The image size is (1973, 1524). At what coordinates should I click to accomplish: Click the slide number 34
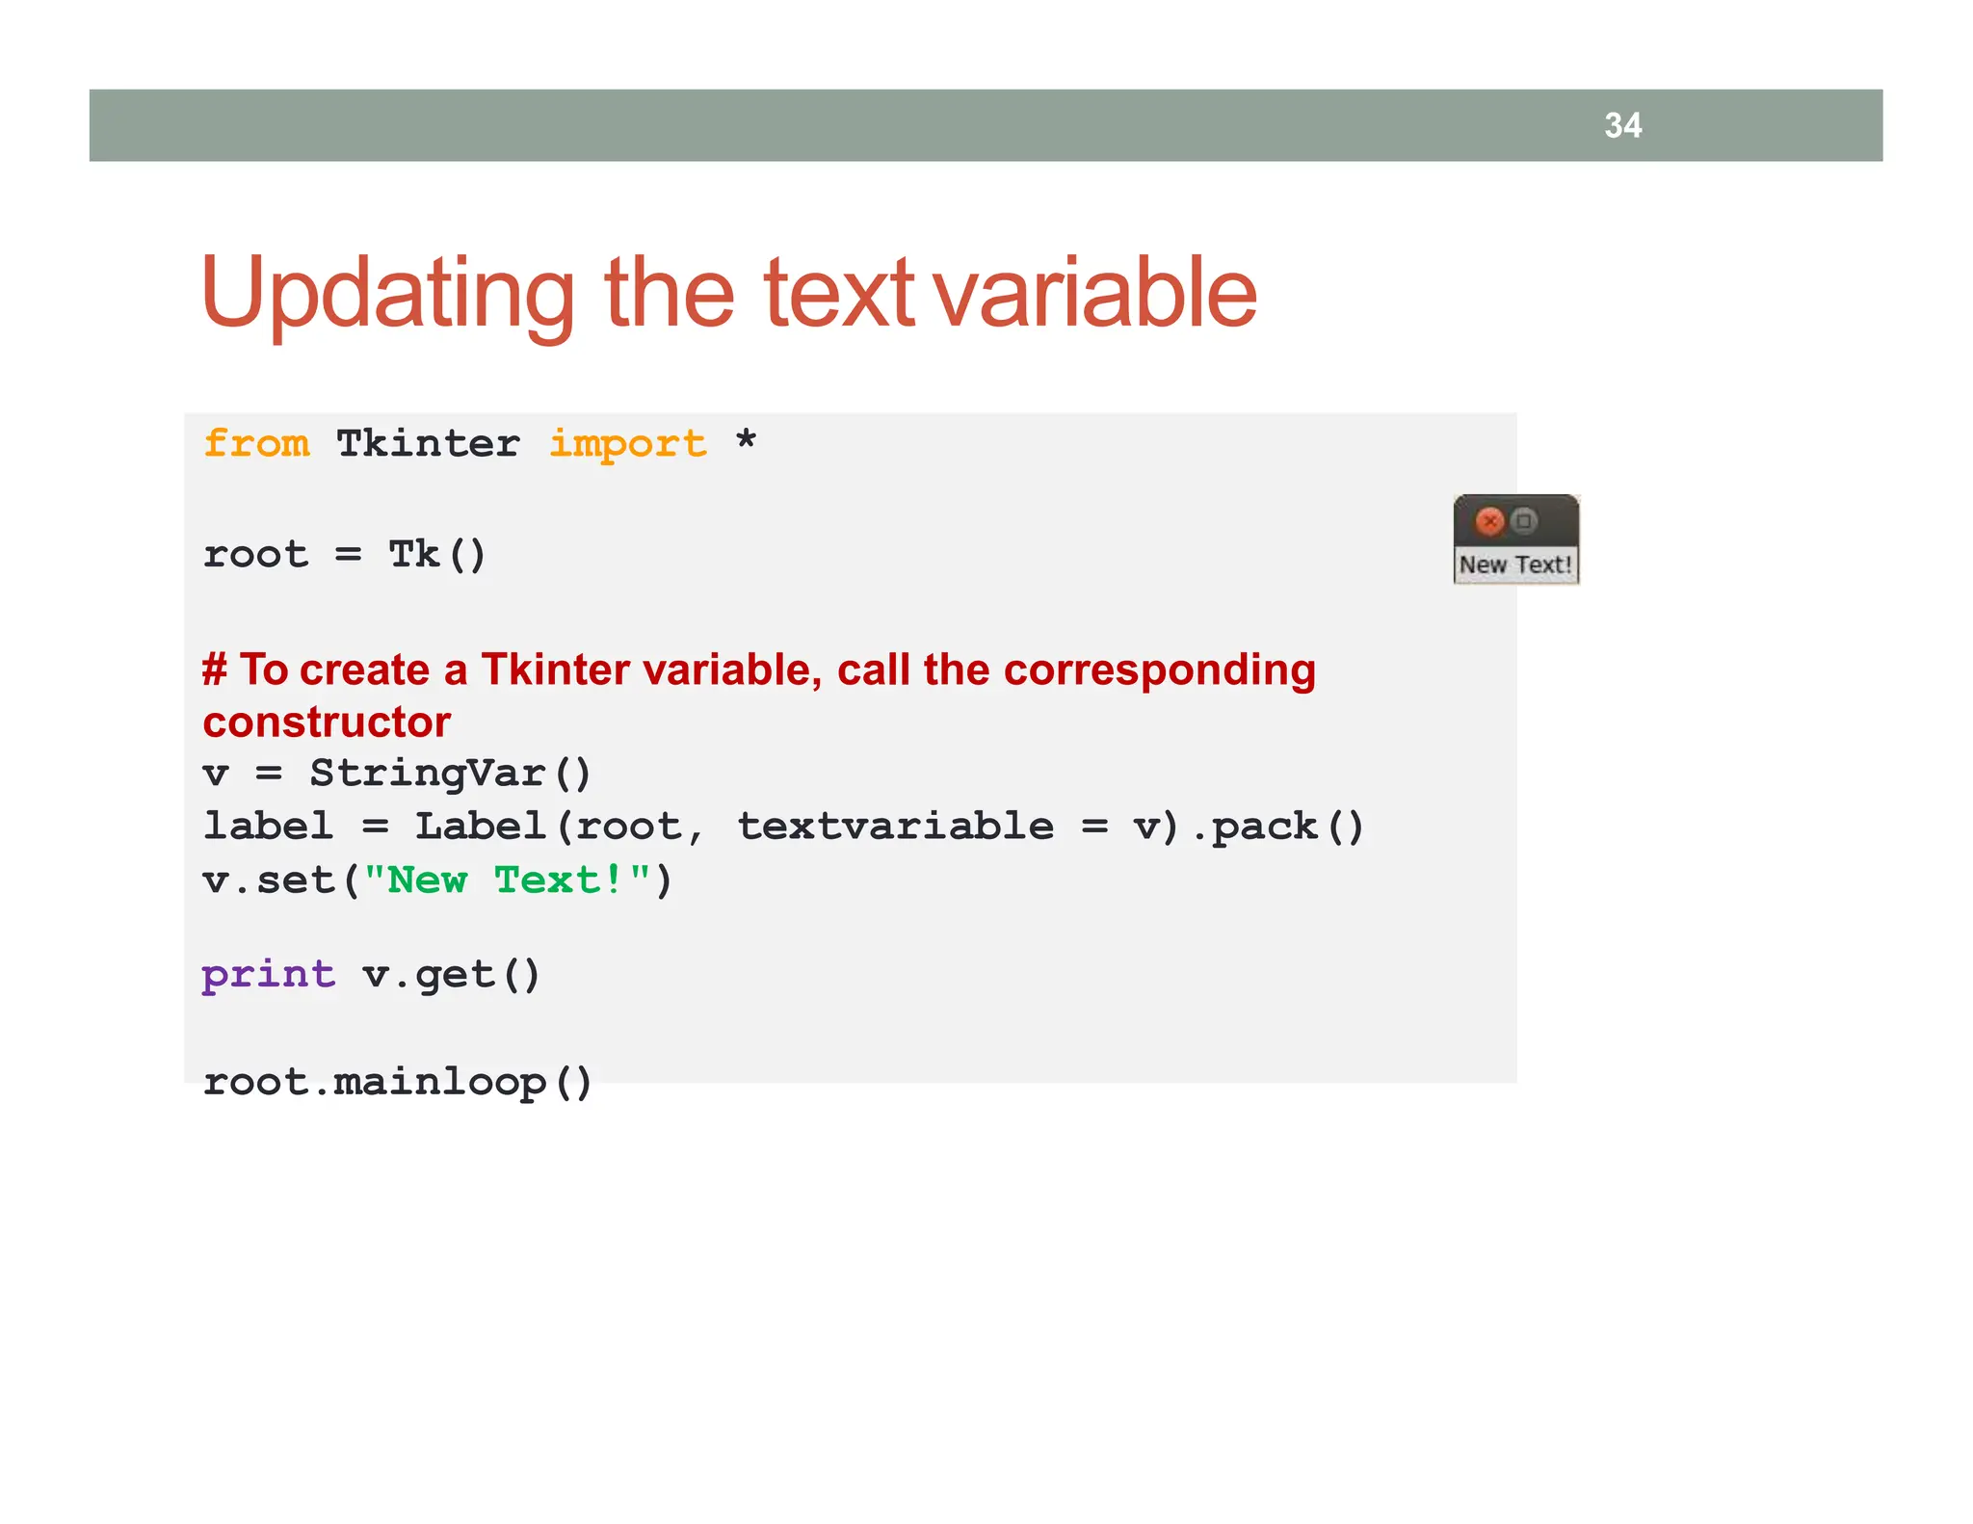[1622, 125]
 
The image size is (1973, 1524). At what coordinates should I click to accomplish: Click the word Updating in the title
[387, 294]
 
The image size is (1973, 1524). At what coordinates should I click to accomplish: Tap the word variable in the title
[1095, 294]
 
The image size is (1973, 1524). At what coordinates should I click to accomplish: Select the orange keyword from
[256, 444]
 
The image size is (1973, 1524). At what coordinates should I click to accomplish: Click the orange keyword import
[627, 444]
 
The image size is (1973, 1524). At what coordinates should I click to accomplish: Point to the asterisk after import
[746, 442]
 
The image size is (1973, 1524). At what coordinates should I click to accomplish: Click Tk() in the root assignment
[437, 555]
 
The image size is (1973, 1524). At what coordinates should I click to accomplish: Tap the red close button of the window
[1489, 521]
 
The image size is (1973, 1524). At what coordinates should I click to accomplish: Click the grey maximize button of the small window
[1523, 521]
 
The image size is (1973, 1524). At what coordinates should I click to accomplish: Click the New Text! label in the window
[1515, 565]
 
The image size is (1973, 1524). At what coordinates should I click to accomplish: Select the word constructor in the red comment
[327, 723]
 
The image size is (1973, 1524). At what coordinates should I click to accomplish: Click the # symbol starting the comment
[214, 670]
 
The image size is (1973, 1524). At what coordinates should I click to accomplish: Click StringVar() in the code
[449, 774]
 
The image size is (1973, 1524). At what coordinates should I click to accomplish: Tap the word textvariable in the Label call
[895, 827]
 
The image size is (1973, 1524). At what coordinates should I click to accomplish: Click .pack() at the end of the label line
[1277, 827]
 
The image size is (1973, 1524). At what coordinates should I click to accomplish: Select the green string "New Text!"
[507, 880]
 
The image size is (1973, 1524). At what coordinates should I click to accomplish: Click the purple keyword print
[268, 974]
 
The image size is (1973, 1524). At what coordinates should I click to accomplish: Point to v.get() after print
[451, 975]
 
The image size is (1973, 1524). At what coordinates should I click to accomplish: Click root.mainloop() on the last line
[397, 1082]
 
